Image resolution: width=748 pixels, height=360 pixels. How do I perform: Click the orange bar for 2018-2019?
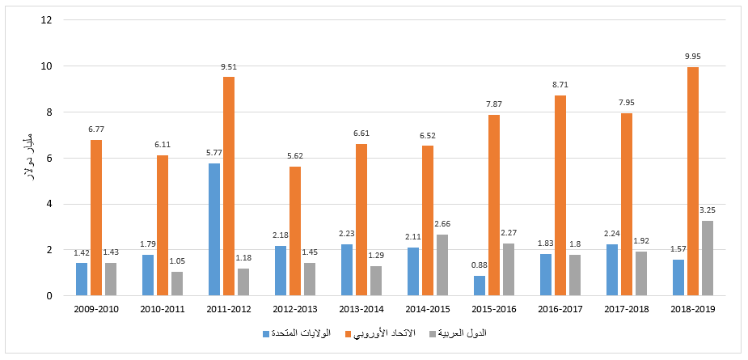(693, 181)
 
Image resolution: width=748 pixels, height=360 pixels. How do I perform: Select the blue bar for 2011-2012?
(214, 230)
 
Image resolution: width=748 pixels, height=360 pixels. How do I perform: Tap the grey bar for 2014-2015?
(442, 265)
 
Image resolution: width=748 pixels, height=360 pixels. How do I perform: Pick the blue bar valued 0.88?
(480, 286)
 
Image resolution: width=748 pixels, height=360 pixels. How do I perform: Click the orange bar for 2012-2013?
(295, 231)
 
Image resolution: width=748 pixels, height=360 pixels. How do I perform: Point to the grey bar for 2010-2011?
(177, 284)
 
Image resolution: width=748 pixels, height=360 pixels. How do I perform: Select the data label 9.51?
(229, 68)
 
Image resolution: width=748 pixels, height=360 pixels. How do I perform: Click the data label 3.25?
(708, 211)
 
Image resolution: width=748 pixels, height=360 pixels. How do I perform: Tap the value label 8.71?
(560, 86)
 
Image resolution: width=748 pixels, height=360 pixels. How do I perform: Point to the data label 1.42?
(82, 253)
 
